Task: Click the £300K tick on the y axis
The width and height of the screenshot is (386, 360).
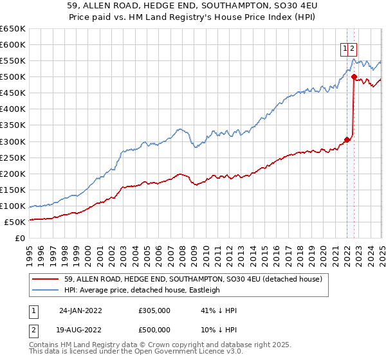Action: [12, 141]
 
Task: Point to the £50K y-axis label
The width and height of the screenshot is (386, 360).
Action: [14, 222]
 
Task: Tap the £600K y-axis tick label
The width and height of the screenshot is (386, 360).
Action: [12, 44]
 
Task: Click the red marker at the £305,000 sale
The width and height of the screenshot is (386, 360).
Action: [347, 139]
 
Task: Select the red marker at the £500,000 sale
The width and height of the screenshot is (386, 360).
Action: [354, 76]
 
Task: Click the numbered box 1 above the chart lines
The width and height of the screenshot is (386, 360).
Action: [345, 48]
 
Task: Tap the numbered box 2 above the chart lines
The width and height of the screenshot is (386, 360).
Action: [353, 48]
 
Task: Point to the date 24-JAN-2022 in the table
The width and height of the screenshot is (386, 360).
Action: [80, 310]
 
